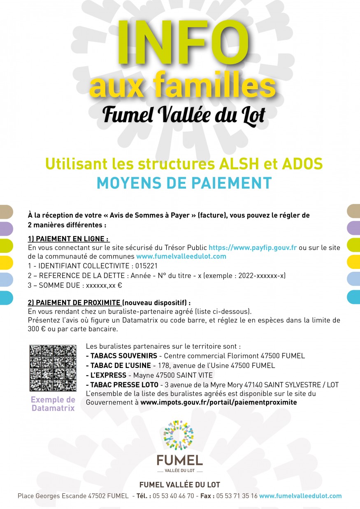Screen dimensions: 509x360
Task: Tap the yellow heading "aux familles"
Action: (x=182, y=85)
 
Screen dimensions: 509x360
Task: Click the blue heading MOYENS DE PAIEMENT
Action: (x=184, y=183)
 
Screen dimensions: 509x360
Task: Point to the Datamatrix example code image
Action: (x=53, y=368)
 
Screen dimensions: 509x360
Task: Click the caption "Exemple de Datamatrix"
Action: (x=53, y=404)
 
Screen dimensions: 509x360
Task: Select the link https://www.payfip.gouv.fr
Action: (x=253, y=248)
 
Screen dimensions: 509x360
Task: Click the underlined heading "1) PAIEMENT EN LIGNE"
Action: (x=68, y=239)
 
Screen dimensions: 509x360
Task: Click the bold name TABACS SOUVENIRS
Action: (x=121, y=356)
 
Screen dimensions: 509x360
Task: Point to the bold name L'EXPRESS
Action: (x=106, y=375)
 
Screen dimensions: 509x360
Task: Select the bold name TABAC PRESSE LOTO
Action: (x=122, y=385)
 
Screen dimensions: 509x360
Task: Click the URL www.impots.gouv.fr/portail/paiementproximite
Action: (x=218, y=402)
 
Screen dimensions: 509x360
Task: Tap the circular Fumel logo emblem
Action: (x=179, y=435)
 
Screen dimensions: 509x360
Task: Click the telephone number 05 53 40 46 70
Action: (x=173, y=496)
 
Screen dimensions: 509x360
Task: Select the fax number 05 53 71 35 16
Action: (x=237, y=496)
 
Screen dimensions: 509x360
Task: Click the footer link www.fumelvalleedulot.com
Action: (x=300, y=496)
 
